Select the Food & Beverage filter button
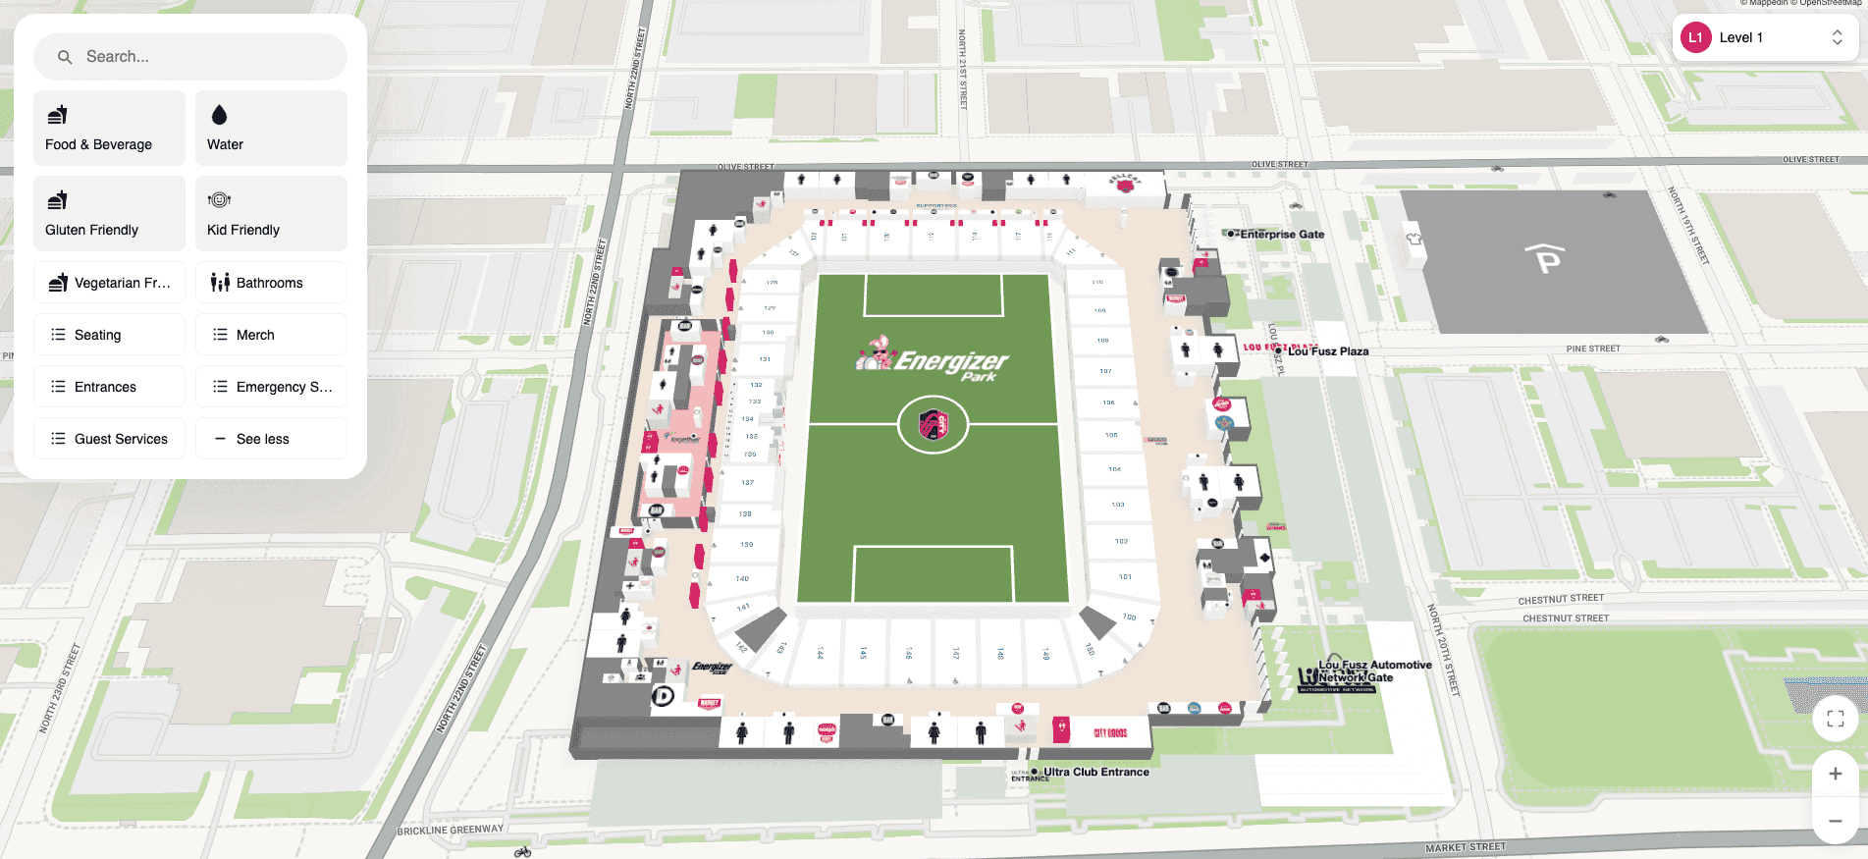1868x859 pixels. point(109,129)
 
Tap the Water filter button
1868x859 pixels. point(271,129)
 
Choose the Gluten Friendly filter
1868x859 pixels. point(109,214)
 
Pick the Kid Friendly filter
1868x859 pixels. point(271,214)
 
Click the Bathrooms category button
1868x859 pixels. point(271,283)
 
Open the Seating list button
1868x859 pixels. point(109,335)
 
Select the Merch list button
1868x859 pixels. point(271,335)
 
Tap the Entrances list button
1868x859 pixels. point(109,387)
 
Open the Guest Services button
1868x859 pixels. point(109,439)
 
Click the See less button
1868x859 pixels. point(271,439)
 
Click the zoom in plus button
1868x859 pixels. point(1835,774)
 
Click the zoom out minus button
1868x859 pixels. point(1835,821)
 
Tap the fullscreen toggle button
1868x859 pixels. point(1835,719)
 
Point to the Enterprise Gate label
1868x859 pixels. point(1281,235)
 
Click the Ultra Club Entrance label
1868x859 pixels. point(1095,772)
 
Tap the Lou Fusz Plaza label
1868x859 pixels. point(1327,351)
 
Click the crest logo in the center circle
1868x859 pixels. point(933,425)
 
